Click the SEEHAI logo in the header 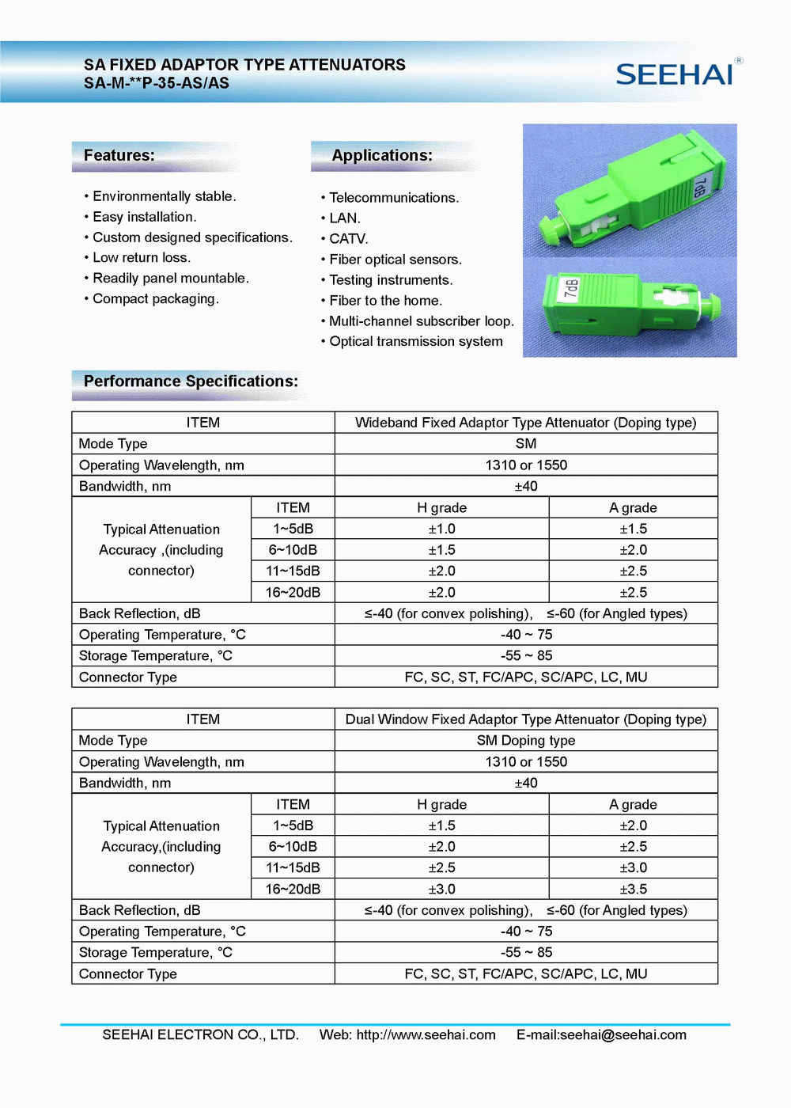(675, 74)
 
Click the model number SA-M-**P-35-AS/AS (157, 83)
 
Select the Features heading (119, 156)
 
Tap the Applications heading (382, 156)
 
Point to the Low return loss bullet (142, 258)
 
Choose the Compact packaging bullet (155, 299)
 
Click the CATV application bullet (348, 239)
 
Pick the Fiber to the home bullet (385, 301)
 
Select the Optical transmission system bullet (415, 342)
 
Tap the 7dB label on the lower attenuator (571, 290)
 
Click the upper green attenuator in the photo (633, 194)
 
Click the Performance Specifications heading (191, 381)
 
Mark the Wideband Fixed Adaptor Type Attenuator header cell (526, 423)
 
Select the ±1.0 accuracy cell (441, 529)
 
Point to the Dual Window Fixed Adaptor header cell (526, 719)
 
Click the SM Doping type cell (526, 741)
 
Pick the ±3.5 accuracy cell (633, 889)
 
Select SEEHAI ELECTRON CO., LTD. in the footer (200, 1035)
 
